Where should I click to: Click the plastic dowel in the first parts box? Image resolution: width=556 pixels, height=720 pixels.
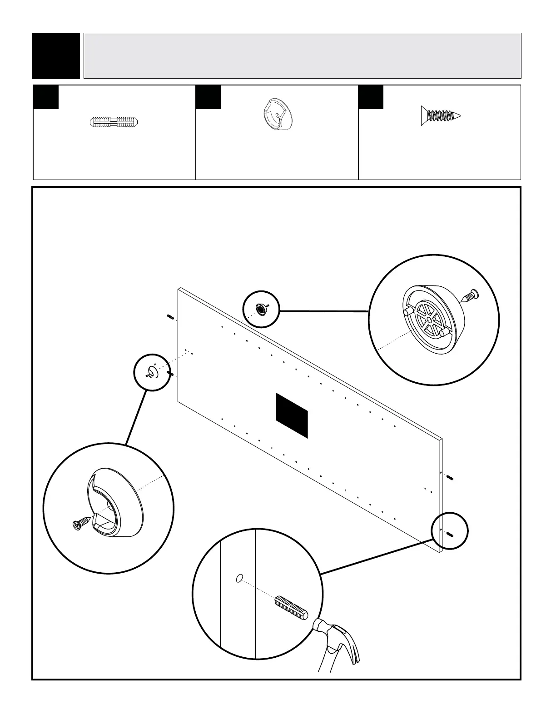[114, 122]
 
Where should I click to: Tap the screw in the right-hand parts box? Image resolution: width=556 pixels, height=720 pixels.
[441, 116]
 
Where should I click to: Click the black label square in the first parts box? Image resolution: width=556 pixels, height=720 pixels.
[46, 97]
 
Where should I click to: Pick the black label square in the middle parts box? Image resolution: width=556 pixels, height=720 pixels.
[208, 97]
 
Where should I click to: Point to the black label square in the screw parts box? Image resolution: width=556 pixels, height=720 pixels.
[371, 97]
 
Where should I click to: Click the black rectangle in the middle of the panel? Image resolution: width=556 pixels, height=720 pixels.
[292, 415]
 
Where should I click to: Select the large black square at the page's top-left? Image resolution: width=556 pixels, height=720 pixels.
[56, 55]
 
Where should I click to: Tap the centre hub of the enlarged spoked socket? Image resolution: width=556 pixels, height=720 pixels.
[429, 320]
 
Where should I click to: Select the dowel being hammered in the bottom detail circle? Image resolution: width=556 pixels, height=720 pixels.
[291, 606]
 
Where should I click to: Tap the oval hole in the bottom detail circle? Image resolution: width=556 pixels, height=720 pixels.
[239, 578]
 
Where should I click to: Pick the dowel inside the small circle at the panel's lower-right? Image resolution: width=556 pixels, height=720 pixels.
[451, 534]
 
